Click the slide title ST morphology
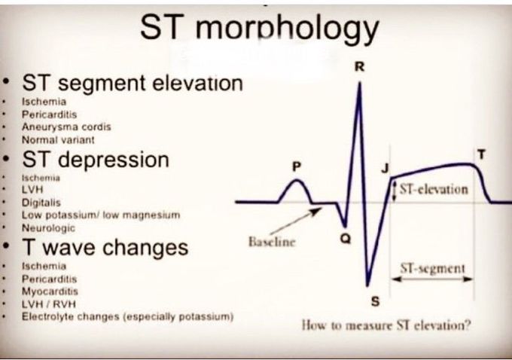point(259,29)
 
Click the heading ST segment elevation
point(133,83)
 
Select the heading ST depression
point(96,160)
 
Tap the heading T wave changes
point(105,248)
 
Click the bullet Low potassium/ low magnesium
point(101,215)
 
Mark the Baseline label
point(268,243)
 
